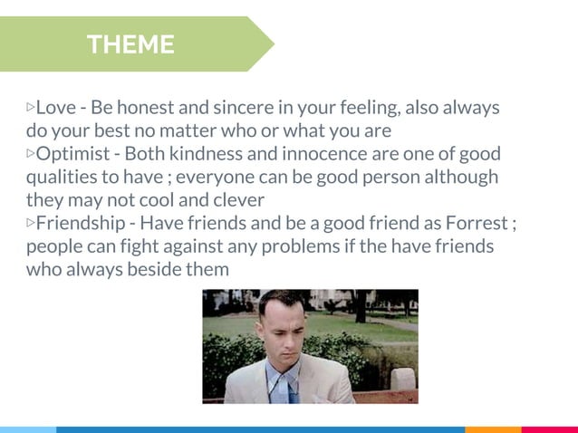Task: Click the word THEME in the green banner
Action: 130,44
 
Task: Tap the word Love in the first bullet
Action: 56,108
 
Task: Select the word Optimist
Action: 72,154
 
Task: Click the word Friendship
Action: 82,223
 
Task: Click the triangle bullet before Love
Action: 31,108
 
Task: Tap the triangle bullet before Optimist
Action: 31,154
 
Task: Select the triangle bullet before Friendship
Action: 31,223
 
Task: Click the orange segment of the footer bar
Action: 493,429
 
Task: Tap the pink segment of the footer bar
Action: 550,429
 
